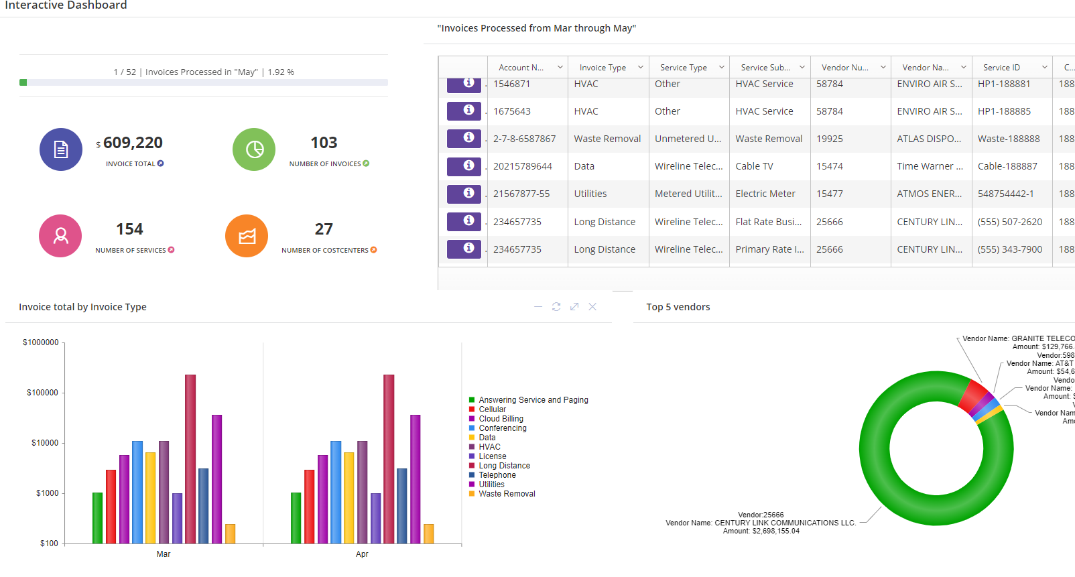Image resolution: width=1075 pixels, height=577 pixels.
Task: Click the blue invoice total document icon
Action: click(61, 149)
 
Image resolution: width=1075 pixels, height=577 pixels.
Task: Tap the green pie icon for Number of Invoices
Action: click(254, 149)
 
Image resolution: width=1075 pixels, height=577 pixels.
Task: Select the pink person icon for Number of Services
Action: click(60, 236)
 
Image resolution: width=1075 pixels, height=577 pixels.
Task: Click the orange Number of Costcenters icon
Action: click(247, 236)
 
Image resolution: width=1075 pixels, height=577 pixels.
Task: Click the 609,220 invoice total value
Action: click(133, 143)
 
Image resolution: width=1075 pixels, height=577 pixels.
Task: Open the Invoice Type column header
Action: click(603, 68)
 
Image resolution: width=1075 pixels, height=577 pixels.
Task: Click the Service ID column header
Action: click(1001, 68)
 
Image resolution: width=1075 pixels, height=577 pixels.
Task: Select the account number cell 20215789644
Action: click(523, 166)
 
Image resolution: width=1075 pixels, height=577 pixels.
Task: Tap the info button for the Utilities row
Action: click(464, 193)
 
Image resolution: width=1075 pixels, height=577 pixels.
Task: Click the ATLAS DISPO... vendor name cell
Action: click(929, 139)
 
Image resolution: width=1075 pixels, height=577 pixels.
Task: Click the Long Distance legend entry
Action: click(504, 466)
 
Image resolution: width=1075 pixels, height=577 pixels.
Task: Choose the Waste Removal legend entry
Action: click(507, 494)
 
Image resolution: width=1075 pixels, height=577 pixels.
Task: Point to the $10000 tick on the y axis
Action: click(45, 443)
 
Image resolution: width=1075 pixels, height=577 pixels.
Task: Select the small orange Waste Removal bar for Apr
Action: click(429, 533)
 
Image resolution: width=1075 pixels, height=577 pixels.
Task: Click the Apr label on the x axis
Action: click(362, 554)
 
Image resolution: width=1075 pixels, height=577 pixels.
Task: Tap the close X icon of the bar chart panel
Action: click(592, 306)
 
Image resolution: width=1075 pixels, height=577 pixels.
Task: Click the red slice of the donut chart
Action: click(972, 395)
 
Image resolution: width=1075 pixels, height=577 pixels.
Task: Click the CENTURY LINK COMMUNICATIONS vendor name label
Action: click(785, 523)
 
